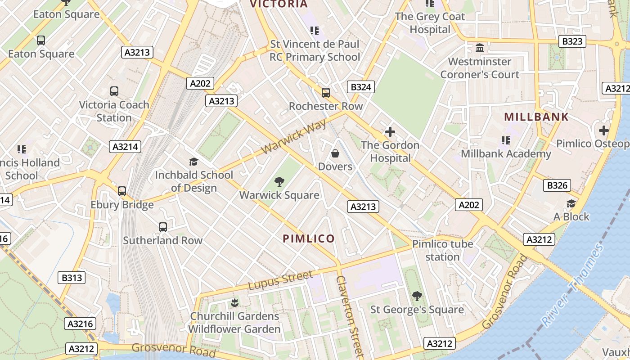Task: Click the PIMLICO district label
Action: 309,238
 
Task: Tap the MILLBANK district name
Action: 536,117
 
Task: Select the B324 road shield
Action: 361,87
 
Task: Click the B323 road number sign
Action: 572,41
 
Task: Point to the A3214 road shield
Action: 125,146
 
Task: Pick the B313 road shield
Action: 72,278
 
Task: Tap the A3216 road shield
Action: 80,324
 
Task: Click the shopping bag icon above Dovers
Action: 335,154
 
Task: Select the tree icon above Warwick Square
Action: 279,182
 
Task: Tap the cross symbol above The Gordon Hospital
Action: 390,132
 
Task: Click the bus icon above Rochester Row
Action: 326,93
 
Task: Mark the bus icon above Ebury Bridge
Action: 122,191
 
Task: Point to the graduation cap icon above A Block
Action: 571,203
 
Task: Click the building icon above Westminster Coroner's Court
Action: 480,48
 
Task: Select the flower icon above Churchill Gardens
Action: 234,302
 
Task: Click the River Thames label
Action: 572,286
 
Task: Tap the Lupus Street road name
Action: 280,280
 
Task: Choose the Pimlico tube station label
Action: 443,251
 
